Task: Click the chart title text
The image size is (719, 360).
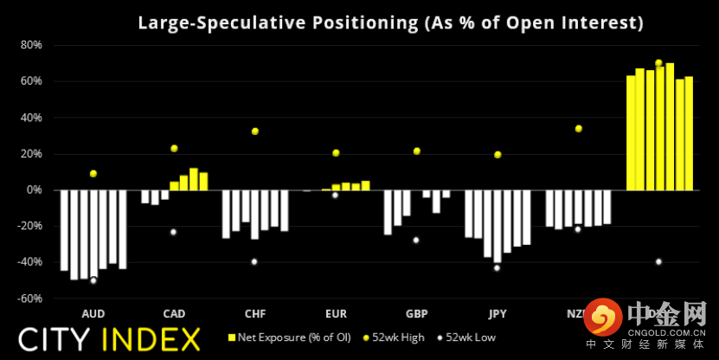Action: [x=390, y=22]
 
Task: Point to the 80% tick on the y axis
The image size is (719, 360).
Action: [x=31, y=44]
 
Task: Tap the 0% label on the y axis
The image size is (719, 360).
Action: [x=34, y=190]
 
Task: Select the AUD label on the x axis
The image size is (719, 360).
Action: [x=93, y=313]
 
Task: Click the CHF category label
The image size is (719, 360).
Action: [x=254, y=313]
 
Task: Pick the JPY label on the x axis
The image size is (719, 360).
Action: [x=497, y=313]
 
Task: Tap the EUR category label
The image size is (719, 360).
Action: [x=336, y=313]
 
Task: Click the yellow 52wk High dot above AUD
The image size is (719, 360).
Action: [x=93, y=174]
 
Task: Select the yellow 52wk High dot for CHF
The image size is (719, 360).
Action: [x=255, y=132]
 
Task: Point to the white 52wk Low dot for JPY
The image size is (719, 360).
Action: [x=497, y=268]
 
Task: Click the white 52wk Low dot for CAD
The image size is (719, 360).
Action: [x=173, y=232]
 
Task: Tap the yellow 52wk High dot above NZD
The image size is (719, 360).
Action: [x=578, y=129]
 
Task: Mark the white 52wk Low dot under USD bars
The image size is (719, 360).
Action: [x=658, y=262]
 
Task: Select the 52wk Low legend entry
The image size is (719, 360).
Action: [x=468, y=337]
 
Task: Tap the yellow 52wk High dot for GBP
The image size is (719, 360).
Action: [x=416, y=151]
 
